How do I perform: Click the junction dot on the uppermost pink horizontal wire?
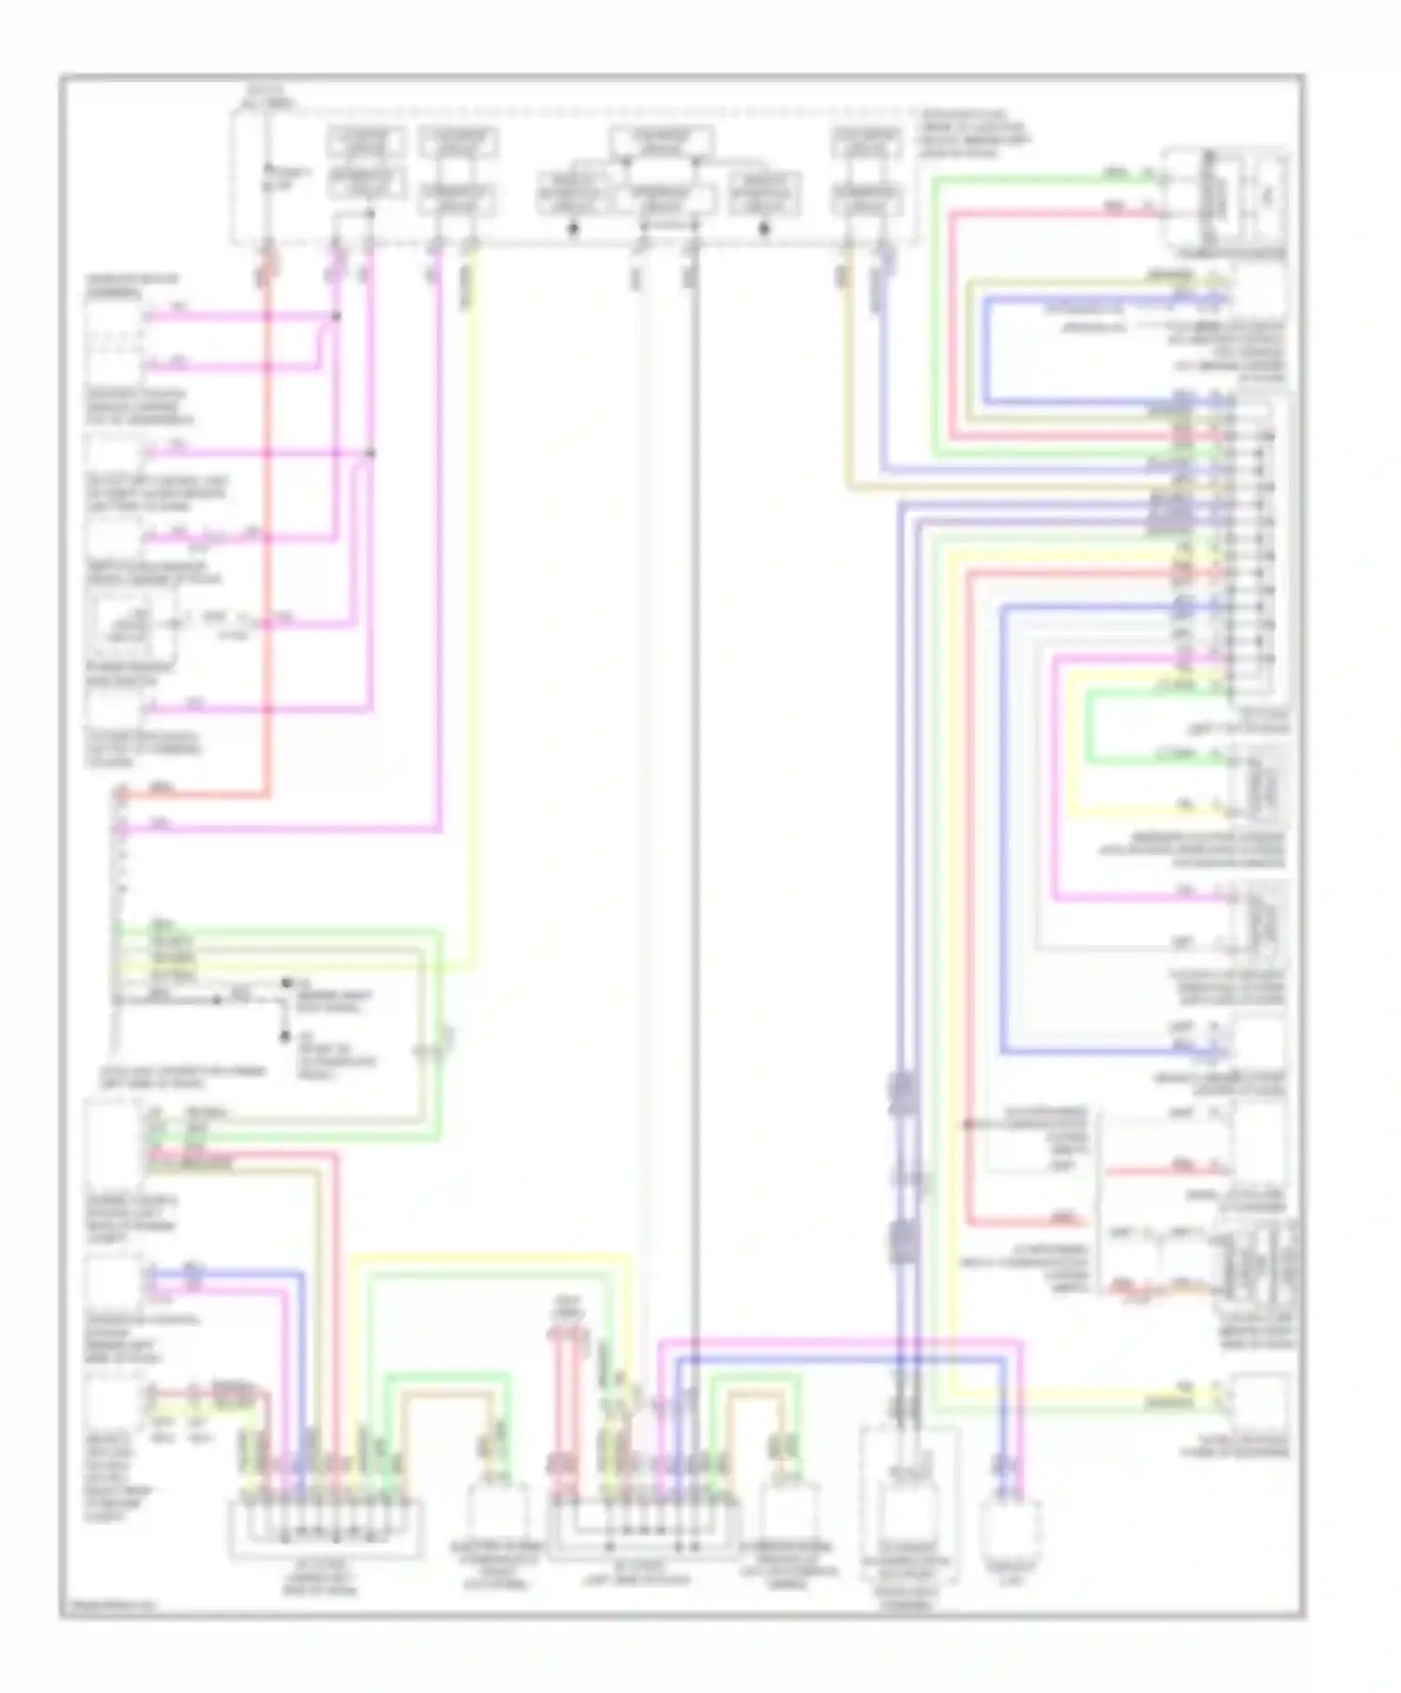click(x=336, y=317)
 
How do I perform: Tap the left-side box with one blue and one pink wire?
click(x=113, y=1280)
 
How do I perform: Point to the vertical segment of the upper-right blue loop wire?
click(x=985, y=350)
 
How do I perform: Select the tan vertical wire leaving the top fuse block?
click(x=848, y=374)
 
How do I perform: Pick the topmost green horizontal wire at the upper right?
click(x=1027, y=177)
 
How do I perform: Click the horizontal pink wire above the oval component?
click(x=841, y=1345)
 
